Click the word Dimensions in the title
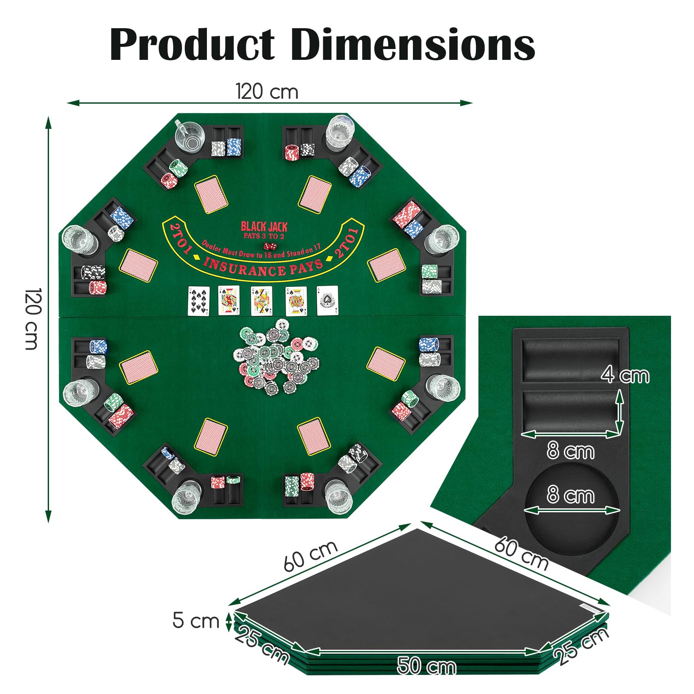(413, 44)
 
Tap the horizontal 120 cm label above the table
(267, 92)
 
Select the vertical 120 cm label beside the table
(32, 319)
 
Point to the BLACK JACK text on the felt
(264, 226)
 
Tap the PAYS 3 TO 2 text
(264, 236)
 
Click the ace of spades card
(327, 301)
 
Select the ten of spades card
(199, 301)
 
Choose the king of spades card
(296, 301)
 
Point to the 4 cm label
(625, 375)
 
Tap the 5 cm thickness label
(196, 620)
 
